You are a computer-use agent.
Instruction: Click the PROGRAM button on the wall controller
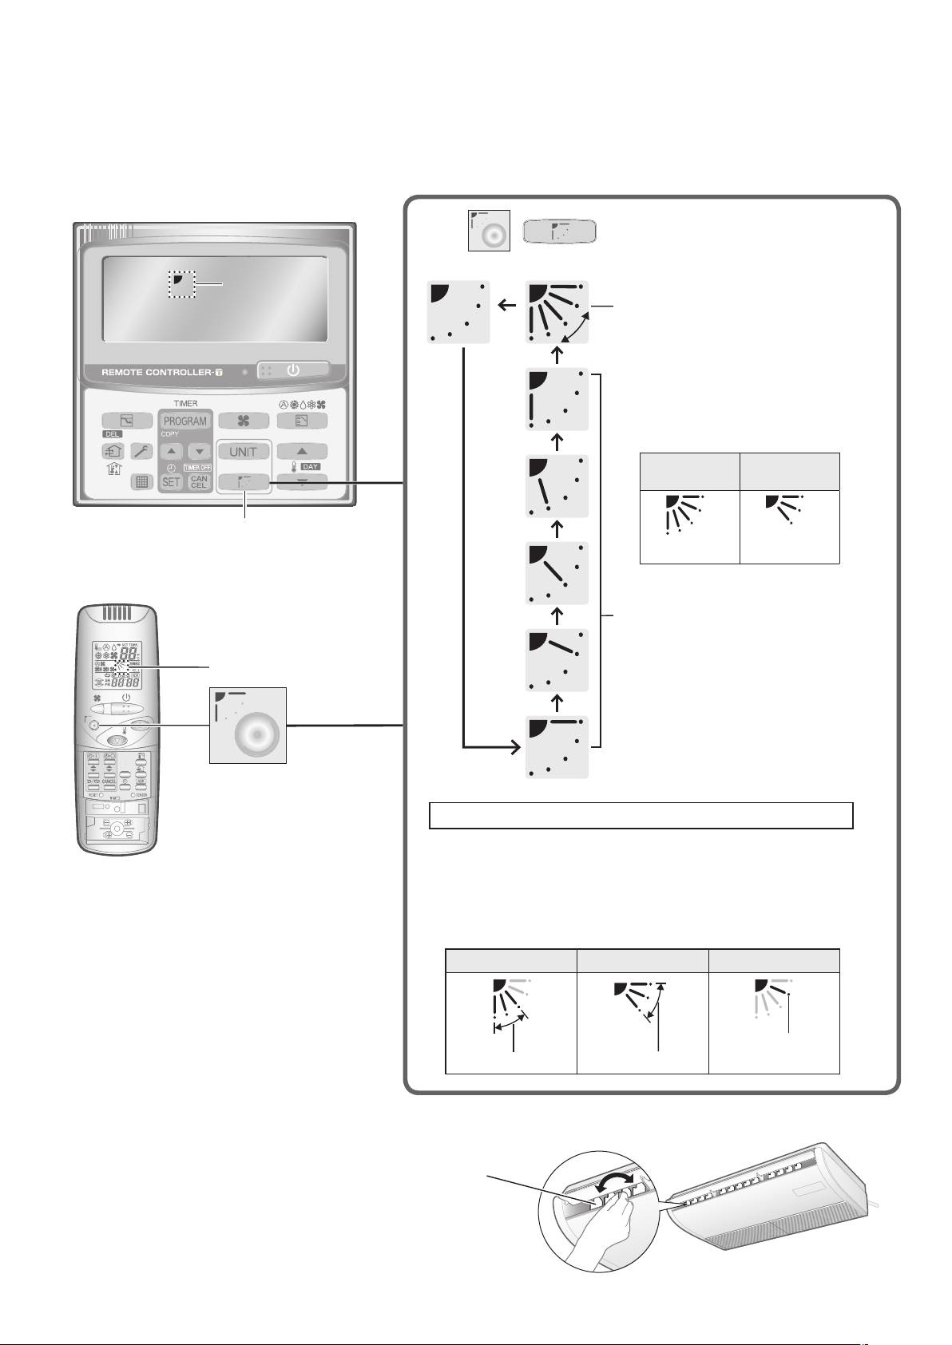tap(185, 421)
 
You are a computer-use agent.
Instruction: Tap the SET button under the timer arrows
tap(171, 481)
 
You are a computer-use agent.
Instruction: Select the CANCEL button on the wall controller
tap(199, 481)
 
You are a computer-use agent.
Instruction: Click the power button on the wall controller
tap(293, 370)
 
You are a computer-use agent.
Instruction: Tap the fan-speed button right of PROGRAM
tap(244, 421)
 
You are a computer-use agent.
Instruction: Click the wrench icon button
tap(142, 451)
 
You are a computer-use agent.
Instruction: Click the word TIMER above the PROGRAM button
tap(185, 403)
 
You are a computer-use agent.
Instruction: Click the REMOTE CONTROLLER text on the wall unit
tap(156, 373)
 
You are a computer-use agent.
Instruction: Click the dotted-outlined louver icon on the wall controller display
tap(182, 283)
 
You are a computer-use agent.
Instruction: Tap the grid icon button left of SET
tap(142, 481)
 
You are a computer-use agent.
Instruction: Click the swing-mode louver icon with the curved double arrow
tap(558, 312)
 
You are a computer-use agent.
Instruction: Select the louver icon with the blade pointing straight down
tap(558, 400)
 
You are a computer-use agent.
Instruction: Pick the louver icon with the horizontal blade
tap(558, 747)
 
